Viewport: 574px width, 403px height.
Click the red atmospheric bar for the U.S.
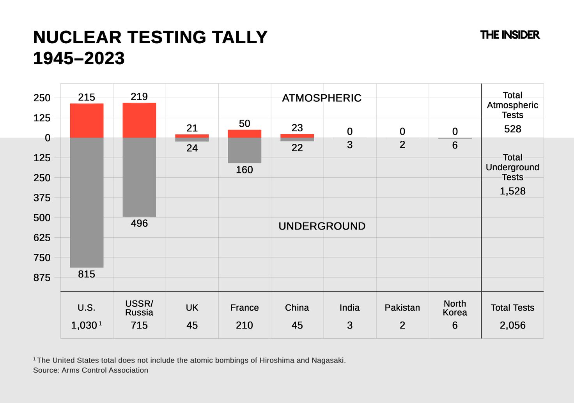pos(87,120)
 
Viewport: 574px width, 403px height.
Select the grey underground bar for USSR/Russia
pos(139,177)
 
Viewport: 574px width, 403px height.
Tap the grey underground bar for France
pos(244,150)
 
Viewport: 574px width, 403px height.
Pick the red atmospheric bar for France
pos(244,134)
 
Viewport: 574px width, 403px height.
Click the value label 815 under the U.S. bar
pos(87,274)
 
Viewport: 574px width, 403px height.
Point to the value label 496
pos(139,223)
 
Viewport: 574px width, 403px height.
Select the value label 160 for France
pos(244,170)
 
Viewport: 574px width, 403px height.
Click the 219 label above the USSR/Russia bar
pos(139,97)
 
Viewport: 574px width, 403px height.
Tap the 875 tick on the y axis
pos(42,278)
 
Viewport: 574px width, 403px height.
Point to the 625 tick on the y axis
pos(42,238)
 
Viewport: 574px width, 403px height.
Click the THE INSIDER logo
pos(510,35)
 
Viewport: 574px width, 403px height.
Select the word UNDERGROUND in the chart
pos(322,226)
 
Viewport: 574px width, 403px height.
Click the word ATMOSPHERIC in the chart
pos(322,98)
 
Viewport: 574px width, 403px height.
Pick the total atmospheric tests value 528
pos(512,129)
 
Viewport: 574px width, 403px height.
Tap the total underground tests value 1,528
pos(512,191)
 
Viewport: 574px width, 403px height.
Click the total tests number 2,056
pos(512,325)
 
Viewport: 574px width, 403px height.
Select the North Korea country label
pos(455,308)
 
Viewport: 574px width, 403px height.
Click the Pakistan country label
pos(402,308)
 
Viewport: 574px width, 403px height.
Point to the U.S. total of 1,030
pos(84,325)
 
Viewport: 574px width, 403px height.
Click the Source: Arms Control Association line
pos(90,370)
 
